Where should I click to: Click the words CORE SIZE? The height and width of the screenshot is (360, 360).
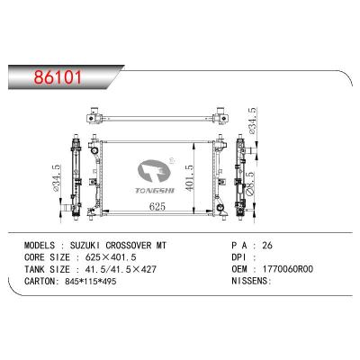pos(48,257)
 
